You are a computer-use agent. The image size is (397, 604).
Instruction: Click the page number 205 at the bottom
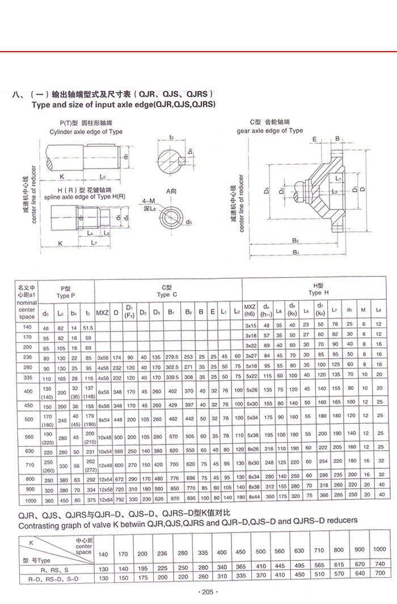(206, 592)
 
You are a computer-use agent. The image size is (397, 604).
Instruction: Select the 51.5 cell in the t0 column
(88, 328)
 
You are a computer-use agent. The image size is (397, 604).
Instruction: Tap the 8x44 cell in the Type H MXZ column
(251, 496)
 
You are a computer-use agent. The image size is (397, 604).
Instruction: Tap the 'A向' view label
(172, 191)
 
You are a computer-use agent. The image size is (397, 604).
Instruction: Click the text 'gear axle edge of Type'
(270, 131)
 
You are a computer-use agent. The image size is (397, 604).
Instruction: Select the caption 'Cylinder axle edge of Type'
(86, 132)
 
